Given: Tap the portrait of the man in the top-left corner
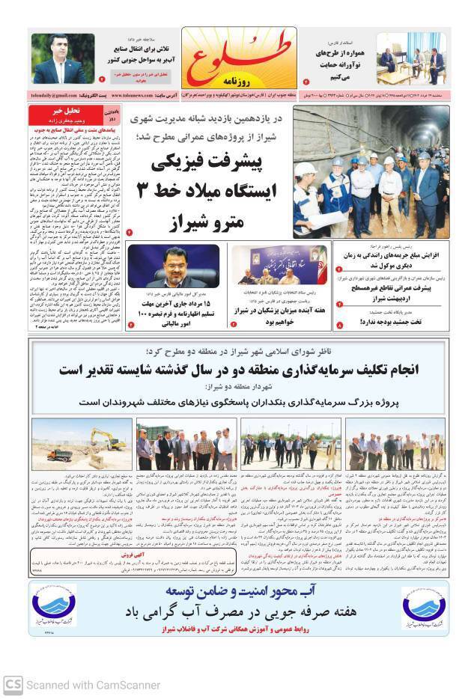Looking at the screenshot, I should [63, 60].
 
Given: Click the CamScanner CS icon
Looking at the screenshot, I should [13, 684].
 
